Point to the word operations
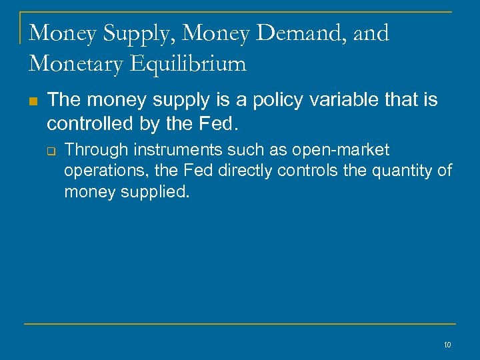coord(105,171)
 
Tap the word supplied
coord(157,193)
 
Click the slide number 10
coord(447,345)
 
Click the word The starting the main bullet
coord(63,101)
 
